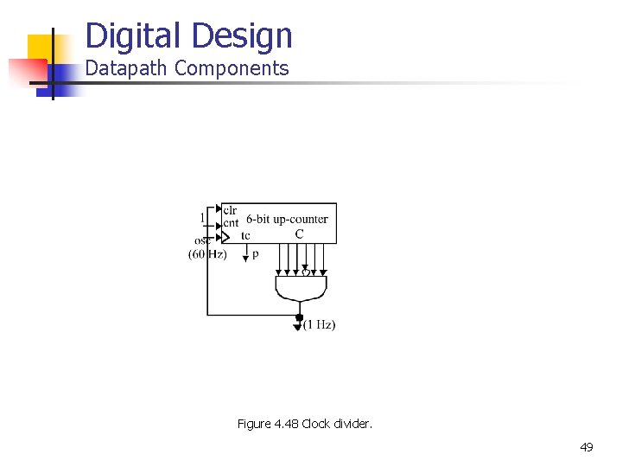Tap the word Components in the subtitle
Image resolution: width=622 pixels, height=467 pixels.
(x=232, y=69)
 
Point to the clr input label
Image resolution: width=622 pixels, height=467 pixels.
(x=230, y=210)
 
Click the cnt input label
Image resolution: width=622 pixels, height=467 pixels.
(x=231, y=222)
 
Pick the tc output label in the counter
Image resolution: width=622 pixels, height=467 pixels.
(x=246, y=235)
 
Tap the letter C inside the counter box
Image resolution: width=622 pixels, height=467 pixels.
(x=299, y=233)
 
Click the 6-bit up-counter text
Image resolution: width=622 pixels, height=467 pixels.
(x=287, y=220)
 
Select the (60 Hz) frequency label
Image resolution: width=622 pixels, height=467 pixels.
(x=207, y=253)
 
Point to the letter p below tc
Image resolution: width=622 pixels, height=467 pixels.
(x=255, y=254)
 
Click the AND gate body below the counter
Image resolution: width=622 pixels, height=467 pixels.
(x=301, y=285)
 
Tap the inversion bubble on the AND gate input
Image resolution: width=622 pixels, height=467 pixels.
(x=305, y=273)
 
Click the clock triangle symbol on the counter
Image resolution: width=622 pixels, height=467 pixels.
(x=227, y=235)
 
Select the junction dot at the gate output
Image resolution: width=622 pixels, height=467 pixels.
(x=300, y=317)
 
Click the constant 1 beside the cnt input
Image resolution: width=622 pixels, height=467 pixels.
(x=203, y=217)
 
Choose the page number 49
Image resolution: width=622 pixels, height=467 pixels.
(x=587, y=447)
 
